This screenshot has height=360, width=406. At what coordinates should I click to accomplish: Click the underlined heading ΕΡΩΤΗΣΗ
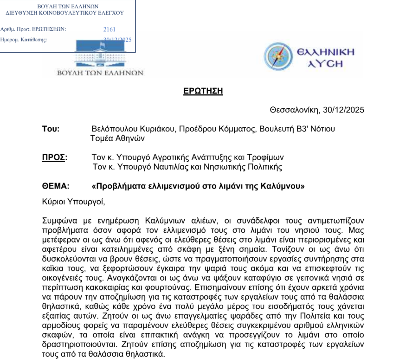pyautogui.click(x=203, y=91)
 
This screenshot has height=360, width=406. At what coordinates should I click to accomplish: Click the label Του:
pyautogui.click(x=51, y=129)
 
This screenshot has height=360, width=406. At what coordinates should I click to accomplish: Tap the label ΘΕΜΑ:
pyautogui.click(x=55, y=186)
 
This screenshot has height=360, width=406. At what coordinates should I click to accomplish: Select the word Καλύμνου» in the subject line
pyautogui.click(x=285, y=186)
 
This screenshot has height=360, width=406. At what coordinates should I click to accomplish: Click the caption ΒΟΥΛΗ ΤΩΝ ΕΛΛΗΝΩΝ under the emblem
pyautogui.click(x=100, y=73)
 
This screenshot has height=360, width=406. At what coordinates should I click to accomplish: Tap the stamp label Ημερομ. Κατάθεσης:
pyautogui.click(x=24, y=40)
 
